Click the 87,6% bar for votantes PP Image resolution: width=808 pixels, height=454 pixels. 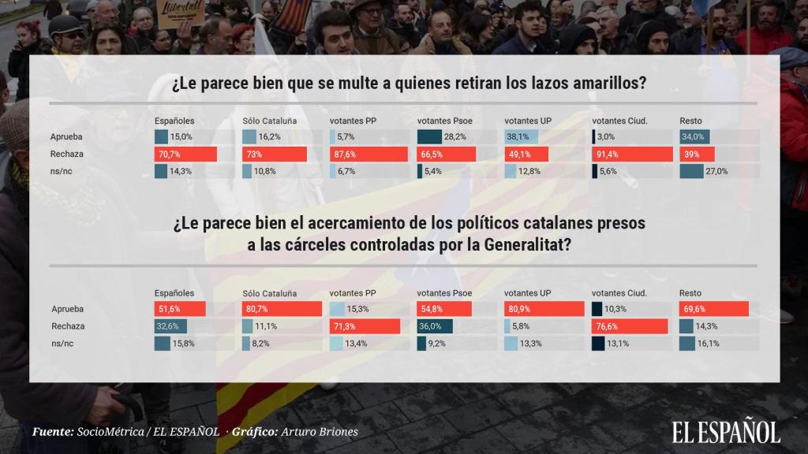pos(368,154)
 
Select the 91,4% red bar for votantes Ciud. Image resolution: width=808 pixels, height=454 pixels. pos(632,154)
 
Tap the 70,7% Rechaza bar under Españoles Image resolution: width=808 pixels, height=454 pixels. pos(185,154)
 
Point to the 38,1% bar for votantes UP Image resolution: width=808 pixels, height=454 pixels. pos(521,136)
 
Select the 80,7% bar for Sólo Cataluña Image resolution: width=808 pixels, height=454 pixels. pos(282,309)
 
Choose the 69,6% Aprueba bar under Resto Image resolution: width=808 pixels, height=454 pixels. pos(713,309)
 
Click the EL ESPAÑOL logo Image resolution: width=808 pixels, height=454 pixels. pos(726,432)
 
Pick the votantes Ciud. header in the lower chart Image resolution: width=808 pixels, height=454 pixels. pos(619,293)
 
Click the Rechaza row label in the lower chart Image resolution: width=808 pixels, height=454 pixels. pos(68,326)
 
